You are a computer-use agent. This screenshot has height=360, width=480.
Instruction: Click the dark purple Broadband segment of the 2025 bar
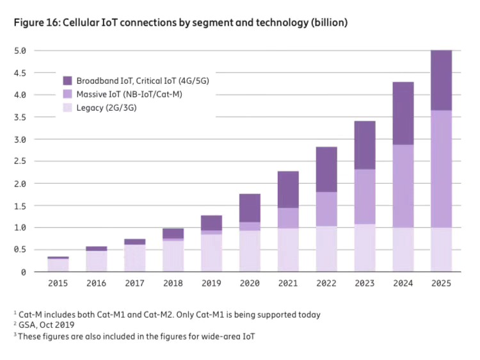441,80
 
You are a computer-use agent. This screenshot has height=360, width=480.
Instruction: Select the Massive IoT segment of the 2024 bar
403,186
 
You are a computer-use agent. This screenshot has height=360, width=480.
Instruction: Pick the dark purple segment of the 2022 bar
326,169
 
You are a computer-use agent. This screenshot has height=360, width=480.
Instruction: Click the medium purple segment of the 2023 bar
364,196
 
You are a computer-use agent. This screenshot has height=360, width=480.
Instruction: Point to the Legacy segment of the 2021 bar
288,250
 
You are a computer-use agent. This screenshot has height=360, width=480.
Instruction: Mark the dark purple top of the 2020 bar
250,208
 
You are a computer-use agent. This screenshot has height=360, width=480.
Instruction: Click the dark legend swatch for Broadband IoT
67,81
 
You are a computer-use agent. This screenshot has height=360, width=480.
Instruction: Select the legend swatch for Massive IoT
67,95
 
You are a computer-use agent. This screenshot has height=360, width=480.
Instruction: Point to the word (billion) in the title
327,22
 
